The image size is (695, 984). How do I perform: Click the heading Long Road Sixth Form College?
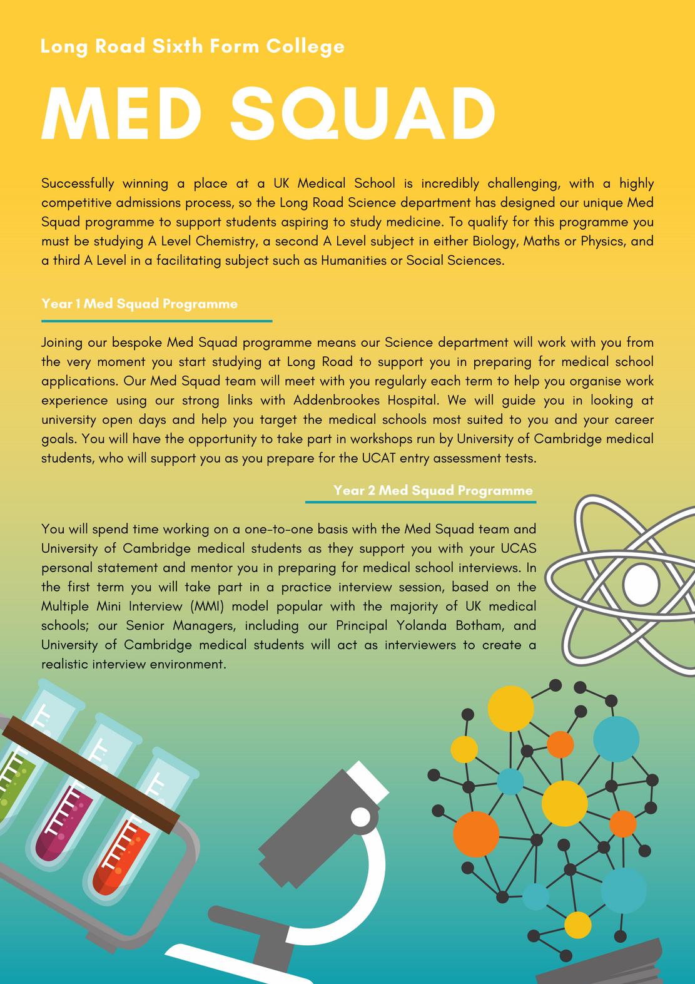tap(193, 46)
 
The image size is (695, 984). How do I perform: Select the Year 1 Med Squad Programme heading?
tap(140, 304)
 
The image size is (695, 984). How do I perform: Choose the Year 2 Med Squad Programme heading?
tap(433, 490)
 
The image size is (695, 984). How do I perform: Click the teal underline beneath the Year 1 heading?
tap(156, 321)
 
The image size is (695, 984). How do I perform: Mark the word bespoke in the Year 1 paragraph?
tap(137, 342)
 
